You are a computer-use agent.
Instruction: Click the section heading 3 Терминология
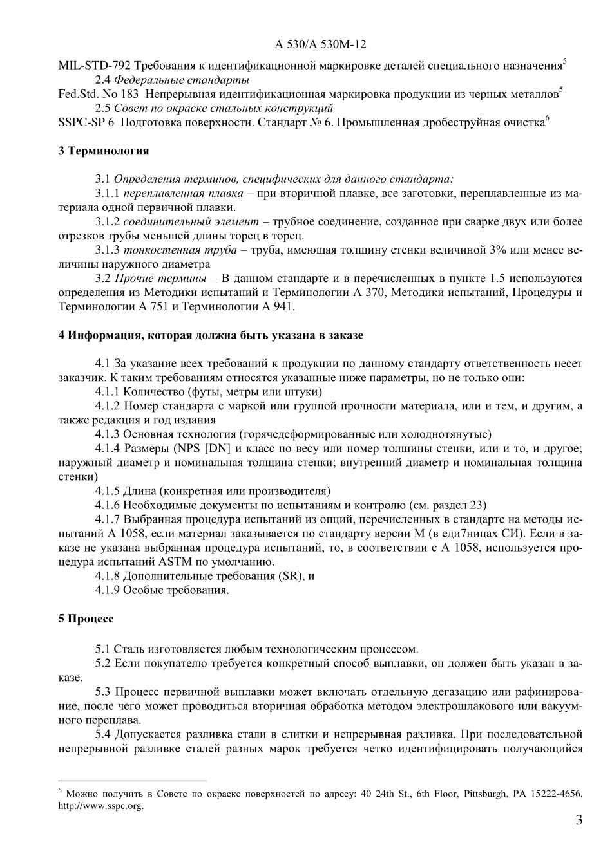click(x=103, y=151)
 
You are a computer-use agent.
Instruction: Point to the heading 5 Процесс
click(x=86, y=619)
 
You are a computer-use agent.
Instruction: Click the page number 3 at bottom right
click(x=579, y=821)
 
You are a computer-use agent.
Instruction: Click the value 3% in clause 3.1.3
click(x=497, y=250)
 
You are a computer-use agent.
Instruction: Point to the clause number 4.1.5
click(x=108, y=490)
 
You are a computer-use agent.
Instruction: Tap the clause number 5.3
click(x=104, y=692)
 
